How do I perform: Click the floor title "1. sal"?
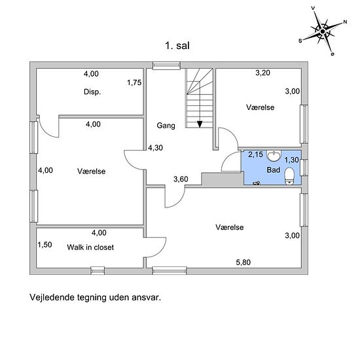pyautogui.click(x=177, y=46)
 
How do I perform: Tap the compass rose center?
pyautogui.click(x=323, y=31)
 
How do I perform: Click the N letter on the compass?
pyautogui.click(x=345, y=22)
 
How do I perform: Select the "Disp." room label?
pyautogui.click(x=92, y=92)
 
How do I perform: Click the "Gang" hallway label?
pyautogui.click(x=166, y=126)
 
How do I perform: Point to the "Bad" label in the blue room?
pyautogui.click(x=273, y=170)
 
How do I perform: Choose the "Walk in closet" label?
pyautogui.click(x=90, y=247)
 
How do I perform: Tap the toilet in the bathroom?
pyautogui.click(x=289, y=176)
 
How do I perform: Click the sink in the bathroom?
pyautogui.click(x=274, y=156)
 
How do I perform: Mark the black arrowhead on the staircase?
pyautogui.click(x=200, y=124)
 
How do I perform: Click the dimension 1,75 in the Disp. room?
pyautogui.click(x=134, y=82)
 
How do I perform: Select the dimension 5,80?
pyautogui.click(x=243, y=262)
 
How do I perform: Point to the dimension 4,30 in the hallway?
pyautogui.click(x=155, y=148)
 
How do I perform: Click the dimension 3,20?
pyautogui.click(x=262, y=73)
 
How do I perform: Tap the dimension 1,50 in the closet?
pyautogui.click(x=45, y=245)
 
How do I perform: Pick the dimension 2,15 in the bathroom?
pyautogui.click(x=255, y=154)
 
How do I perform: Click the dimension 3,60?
pyautogui.click(x=181, y=179)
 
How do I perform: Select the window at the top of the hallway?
pyautogui.click(x=167, y=65)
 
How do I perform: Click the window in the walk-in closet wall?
pyautogui.click(x=98, y=271)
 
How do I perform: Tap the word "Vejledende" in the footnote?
pyautogui.click(x=52, y=298)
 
